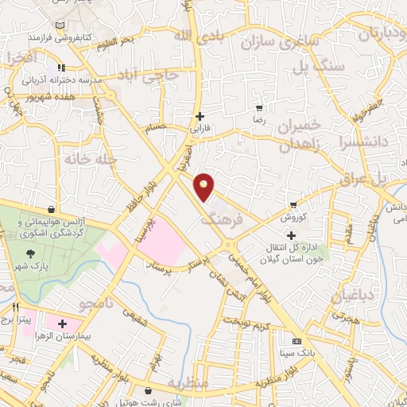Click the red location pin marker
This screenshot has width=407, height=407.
[x=205, y=186]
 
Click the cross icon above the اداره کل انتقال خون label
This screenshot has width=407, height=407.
[x=291, y=235]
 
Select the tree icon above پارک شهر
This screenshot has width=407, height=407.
[x=30, y=251]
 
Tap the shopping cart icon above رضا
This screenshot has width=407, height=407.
[x=258, y=107]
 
